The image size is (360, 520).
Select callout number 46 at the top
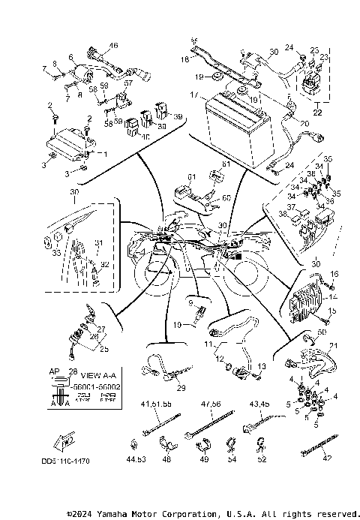click(x=114, y=46)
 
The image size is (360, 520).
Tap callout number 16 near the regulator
click(x=334, y=274)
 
